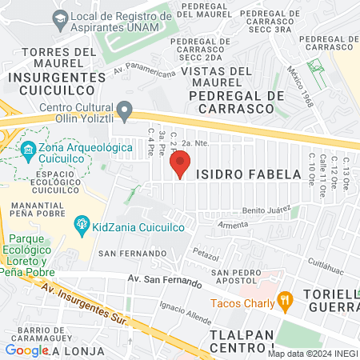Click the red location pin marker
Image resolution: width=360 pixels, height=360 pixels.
click(x=180, y=166)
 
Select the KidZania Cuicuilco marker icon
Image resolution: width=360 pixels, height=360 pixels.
click(x=81, y=226)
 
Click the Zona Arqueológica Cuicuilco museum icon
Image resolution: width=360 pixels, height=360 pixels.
click(x=28, y=150)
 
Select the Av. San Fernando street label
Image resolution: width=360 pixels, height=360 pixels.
click(x=164, y=281)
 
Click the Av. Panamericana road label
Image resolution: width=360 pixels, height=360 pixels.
click(x=144, y=70)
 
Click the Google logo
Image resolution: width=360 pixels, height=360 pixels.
click(x=26, y=350)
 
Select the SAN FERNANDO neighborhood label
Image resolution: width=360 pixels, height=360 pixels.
click(x=124, y=253)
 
